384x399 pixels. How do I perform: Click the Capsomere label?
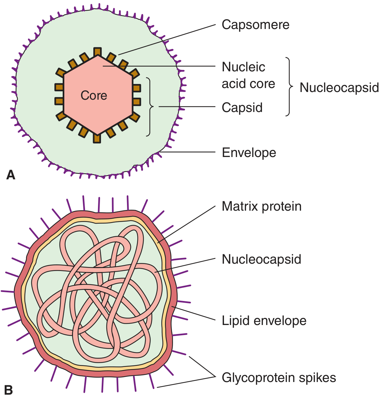(x=255, y=25)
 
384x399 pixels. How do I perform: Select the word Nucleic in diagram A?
(x=243, y=67)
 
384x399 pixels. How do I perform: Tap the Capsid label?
(x=242, y=108)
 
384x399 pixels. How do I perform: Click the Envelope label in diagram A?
(x=249, y=153)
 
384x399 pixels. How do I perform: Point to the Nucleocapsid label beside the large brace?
(x=339, y=88)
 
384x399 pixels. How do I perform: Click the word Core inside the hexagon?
(x=94, y=96)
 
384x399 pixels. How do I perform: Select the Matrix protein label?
(x=261, y=207)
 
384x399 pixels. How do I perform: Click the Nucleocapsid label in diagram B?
(x=261, y=259)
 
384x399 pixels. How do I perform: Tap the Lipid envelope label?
(x=264, y=321)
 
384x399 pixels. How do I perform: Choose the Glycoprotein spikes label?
(x=279, y=378)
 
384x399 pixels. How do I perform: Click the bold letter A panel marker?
(x=11, y=175)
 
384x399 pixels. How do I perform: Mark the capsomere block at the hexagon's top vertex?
(x=97, y=52)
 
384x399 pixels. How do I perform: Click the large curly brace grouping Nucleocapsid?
(x=289, y=87)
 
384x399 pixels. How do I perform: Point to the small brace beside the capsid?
(x=150, y=107)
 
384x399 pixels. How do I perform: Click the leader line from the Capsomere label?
(x=167, y=39)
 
